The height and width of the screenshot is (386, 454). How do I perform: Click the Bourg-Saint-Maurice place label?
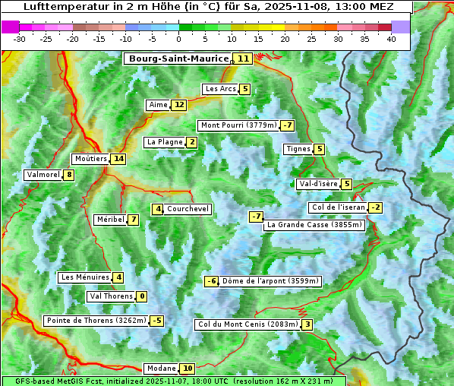tap(178, 59)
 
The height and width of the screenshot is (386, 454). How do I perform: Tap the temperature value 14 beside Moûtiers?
tap(118, 159)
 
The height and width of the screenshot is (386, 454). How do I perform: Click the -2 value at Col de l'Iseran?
tap(375, 208)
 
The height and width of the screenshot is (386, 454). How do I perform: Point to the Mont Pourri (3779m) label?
tap(238, 125)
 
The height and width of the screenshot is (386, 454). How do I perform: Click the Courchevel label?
tap(188, 209)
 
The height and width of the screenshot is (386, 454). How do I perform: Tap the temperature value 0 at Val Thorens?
tap(141, 296)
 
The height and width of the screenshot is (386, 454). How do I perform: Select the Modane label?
tap(161, 369)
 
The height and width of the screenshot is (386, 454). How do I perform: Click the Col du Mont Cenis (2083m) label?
tap(247, 325)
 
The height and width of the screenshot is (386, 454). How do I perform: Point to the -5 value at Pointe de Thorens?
tap(156, 321)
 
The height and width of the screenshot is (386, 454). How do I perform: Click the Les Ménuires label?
tap(85, 277)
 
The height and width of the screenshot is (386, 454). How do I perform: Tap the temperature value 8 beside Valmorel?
tap(69, 175)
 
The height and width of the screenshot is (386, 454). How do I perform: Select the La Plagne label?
tap(165, 142)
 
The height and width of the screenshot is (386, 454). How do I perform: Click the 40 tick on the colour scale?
tap(391, 38)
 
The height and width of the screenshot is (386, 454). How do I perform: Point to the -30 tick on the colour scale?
tap(20, 38)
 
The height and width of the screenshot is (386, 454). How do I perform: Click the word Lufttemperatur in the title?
tap(60, 6)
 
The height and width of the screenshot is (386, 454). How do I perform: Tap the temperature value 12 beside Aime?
tap(178, 105)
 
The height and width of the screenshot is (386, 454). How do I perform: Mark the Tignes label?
tap(298, 149)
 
